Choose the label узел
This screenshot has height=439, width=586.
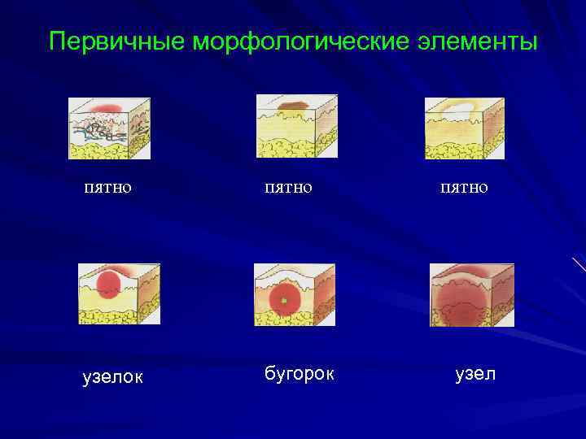point(474,374)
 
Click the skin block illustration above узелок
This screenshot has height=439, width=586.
point(119,293)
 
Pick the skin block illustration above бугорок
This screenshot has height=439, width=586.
point(294,294)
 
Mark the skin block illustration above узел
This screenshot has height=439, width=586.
point(472,294)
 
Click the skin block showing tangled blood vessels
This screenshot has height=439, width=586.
point(108,128)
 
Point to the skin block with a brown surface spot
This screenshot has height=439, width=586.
point(296,125)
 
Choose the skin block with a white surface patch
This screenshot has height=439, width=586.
point(464,128)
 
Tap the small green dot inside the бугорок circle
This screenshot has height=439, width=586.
point(283,301)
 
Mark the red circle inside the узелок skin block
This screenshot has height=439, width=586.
point(108,285)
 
